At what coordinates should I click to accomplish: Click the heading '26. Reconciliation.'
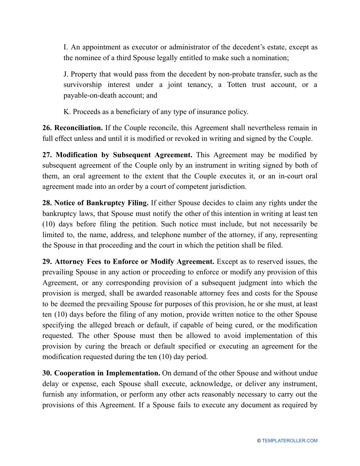click(x=72, y=128)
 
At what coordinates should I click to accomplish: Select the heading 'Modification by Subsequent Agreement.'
click(x=124, y=155)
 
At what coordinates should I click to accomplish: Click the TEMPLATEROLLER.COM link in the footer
click(x=290, y=441)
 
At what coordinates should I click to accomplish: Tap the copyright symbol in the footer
click(x=259, y=441)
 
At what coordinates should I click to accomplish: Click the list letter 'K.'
click(x=67, y=112)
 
